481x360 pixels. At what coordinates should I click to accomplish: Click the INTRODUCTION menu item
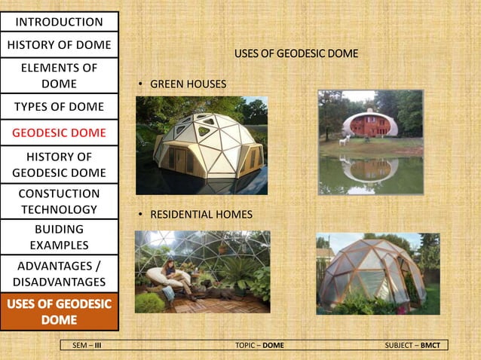coord(59,22)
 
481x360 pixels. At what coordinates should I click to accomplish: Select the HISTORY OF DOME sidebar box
coord(59,45)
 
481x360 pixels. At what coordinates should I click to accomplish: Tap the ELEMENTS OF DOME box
coord(59,75)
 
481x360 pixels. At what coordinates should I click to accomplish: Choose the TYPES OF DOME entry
coord(59,106)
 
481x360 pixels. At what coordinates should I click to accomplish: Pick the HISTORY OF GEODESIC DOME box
coord(59,165)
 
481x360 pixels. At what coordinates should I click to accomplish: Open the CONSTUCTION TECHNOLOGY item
coord(59,201)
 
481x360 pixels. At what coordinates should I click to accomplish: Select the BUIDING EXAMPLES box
coord(59,236)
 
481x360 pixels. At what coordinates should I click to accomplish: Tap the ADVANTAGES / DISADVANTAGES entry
coord(59,273)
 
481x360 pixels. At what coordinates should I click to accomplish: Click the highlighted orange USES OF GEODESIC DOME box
coord(59,312)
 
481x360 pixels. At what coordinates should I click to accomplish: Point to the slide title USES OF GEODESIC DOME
coord(296,54)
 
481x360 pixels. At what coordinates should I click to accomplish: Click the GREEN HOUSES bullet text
coord(188,84)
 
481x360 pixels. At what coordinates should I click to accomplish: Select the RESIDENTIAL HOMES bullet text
coord(201,215)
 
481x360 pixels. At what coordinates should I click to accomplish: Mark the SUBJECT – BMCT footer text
coord(414,345)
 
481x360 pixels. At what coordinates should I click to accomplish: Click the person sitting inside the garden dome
coord(172,274)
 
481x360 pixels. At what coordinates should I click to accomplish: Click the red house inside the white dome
coord(371,124)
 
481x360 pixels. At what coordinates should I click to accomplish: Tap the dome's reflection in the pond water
coord(371,169)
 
